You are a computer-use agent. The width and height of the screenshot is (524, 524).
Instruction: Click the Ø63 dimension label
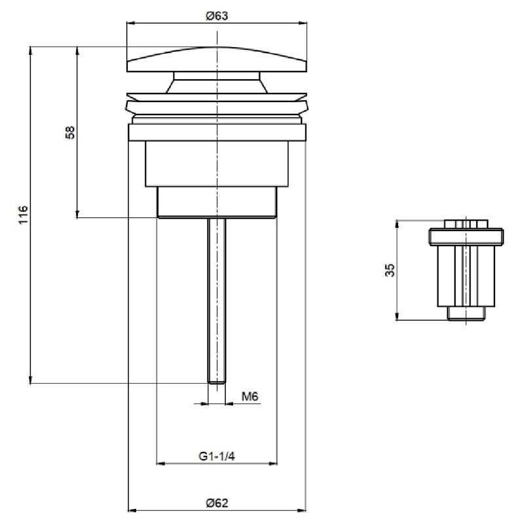coord(217,16)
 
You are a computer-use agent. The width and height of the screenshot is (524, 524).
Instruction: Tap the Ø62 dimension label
coord(217,502)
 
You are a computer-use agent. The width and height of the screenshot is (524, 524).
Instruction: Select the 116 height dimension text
coord(23,215)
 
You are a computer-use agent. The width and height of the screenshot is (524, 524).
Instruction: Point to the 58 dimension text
coord(70,132)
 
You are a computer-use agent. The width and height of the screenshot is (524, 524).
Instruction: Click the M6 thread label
coord(250,397)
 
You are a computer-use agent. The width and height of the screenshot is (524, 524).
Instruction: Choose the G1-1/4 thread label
coord(217,456)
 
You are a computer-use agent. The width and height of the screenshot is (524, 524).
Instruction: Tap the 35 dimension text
coord(390,270)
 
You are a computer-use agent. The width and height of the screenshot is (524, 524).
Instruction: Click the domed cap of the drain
coord(217,60)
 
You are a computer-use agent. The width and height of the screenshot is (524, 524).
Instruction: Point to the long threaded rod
coord(217,301)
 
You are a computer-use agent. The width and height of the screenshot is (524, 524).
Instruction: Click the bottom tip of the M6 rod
coord(217,384)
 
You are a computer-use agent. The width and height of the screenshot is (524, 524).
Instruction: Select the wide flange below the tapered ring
coord(217,132)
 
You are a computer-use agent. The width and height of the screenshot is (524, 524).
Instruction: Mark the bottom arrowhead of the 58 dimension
coord(77,214)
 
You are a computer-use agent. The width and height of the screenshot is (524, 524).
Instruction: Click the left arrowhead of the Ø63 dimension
coord(130,23)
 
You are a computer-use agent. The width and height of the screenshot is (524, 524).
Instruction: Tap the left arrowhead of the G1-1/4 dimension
coord(161,464)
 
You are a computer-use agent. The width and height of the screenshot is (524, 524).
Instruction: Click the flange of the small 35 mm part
coord(466,236)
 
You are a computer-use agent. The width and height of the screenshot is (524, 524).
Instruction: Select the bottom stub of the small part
coord(466,314)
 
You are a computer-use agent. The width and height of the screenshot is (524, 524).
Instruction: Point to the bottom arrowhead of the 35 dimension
coord(397,316)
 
